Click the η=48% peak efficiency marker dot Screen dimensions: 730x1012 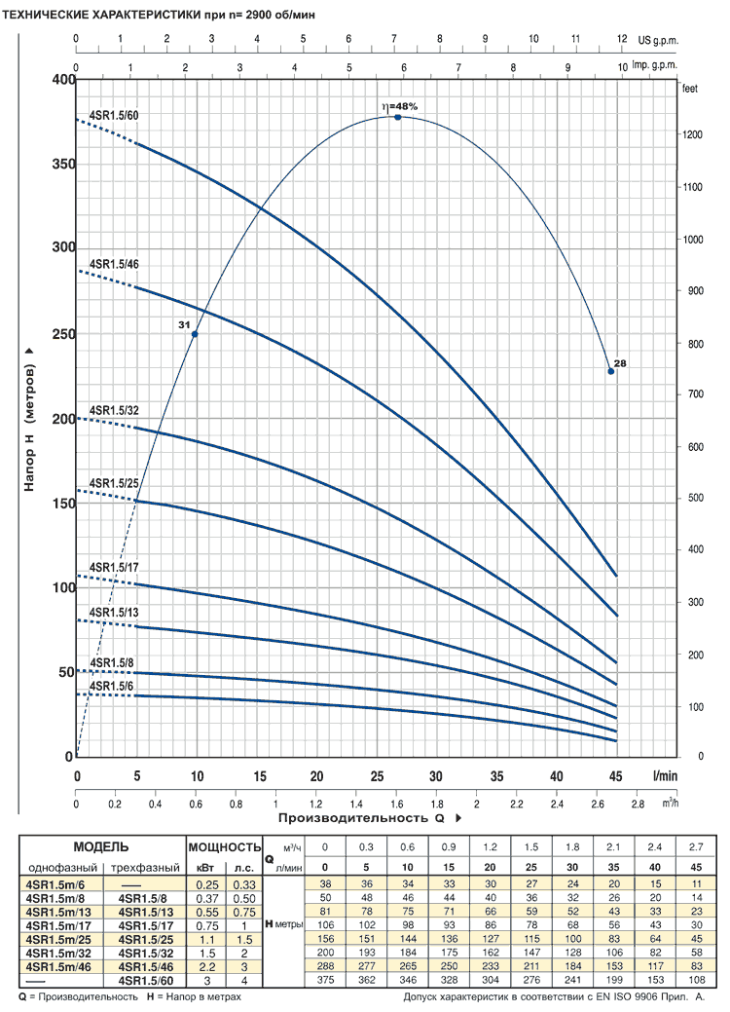(x=398, y=117)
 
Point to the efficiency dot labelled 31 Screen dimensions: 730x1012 (x=194, y=334)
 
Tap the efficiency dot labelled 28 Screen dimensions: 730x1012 (x=611, y=371)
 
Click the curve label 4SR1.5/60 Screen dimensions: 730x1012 (x=114, y=116)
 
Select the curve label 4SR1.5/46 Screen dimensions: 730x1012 (x=114, y=264)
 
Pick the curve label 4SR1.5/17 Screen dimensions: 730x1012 (x=114, y=567)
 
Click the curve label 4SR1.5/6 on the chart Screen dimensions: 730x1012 (x=112, y=686)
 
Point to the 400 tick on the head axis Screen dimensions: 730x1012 (x=64, y=80)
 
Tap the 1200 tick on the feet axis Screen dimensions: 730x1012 (x=693, y=134)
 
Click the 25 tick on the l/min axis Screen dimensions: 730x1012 (x=377, y=776)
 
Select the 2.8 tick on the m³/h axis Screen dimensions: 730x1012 (x=638, y=805)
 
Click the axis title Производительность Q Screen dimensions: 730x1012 (x=362, y=818)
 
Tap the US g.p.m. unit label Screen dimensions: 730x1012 (x=658, y=40)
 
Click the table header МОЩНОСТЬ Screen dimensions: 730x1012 (x=225, y=846)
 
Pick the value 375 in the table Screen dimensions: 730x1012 (x=325, y=981)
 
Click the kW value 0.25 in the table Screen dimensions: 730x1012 (x=207, y=884)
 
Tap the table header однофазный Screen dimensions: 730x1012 (x=62, y=868)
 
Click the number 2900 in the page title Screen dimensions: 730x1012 (x=260, y=15)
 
